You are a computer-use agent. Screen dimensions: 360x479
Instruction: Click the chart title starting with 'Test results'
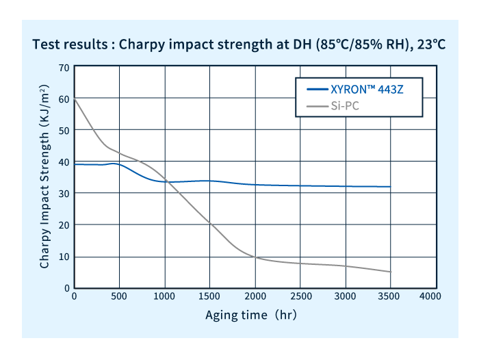click(239, 45)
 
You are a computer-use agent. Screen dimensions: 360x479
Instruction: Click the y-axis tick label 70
click(64, 67)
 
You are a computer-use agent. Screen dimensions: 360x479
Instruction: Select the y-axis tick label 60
click(64, 99)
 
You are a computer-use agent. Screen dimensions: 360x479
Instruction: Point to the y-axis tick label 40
click(64, 162)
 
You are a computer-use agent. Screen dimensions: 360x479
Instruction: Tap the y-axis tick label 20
click(64, 225)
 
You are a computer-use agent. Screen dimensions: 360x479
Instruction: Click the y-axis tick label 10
click(64, 257)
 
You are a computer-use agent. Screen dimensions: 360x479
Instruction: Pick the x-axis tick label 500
click(119, 296)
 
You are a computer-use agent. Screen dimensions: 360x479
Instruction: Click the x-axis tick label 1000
click(164, 296)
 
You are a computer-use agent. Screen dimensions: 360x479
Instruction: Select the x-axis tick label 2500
click(300, 296)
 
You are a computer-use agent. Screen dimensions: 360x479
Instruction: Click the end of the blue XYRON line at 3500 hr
click(390, 187)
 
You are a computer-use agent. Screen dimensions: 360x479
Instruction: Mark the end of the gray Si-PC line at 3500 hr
click(390, 272)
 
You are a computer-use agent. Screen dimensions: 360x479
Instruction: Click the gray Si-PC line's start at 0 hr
click(75, 100)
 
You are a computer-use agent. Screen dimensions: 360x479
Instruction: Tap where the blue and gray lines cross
click(166, 182)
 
